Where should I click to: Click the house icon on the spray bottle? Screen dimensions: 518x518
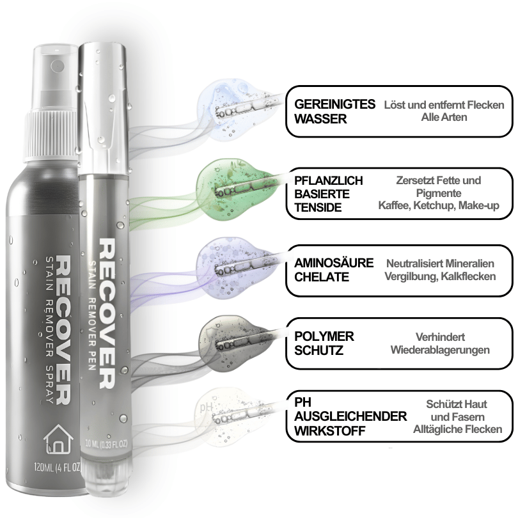click(x=58, y=439)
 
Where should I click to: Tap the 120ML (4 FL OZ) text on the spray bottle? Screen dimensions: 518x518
click(x=58, y=467)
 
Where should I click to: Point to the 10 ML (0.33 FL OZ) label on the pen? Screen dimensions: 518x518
click(x=106, y=443)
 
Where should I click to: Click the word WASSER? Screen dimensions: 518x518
click(x=320, y=119)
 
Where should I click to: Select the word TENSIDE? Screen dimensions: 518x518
click(x=318, y=207)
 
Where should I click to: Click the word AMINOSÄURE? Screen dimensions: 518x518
click(x=334, y=263)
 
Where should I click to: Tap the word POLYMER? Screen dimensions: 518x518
click(x=324, y=336)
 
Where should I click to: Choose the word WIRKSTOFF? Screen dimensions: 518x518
click(x=330, y=431)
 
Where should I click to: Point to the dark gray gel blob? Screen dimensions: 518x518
click(x=235, y=343)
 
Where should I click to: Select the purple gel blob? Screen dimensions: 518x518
click(x=235, y=266)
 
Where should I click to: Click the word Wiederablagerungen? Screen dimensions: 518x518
click(x=440, y=350)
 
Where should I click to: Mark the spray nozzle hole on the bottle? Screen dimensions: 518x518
click(x=58, y=65)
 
